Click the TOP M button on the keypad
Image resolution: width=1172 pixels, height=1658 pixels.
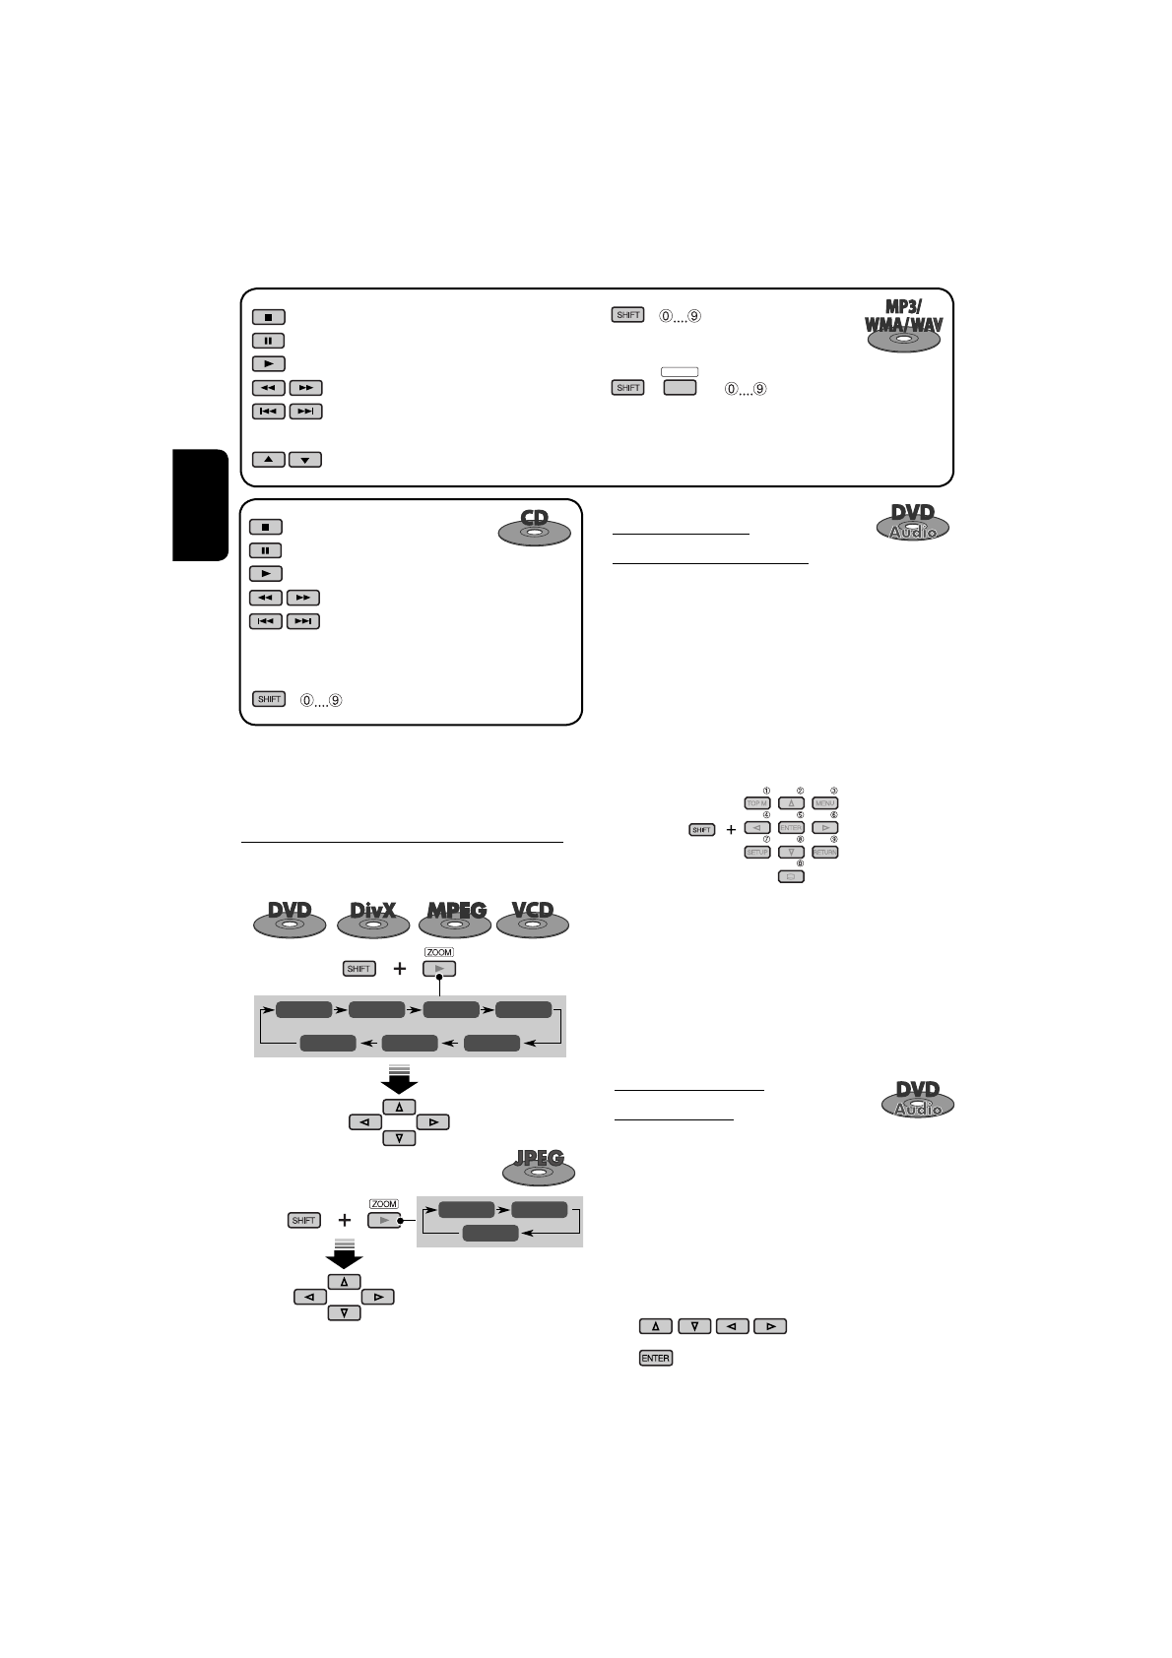pyautogui.click(x=756, y=803)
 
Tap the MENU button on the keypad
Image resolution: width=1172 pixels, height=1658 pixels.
pyautogui.click(x=825, y=803)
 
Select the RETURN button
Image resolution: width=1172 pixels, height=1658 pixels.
pyautogui.click(x=825, y=852)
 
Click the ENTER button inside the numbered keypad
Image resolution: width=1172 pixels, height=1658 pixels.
pyautogui.click(x=791, y=828)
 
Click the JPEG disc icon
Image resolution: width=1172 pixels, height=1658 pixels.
pyautogui.click(x=538, y=1166)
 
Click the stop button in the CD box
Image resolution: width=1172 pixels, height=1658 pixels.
pyautogui.click(x=265, y=528)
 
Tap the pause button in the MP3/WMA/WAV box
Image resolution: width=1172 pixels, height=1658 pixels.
pyautogui.click(x=268, y=341)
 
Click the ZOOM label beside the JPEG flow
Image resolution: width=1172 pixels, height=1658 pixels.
pyautogui.click(x=383, y=1204)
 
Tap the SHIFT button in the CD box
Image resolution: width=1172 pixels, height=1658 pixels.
pyautogui.click(x=269, y=699)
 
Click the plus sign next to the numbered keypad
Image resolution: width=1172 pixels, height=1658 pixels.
pyautogui.click(x=731, y=830)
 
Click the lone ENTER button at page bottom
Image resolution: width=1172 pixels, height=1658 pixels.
pyautogui.click(x=655, y=1358)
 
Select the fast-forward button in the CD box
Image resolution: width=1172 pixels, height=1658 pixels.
pyautogui.click(x=303, y=598)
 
